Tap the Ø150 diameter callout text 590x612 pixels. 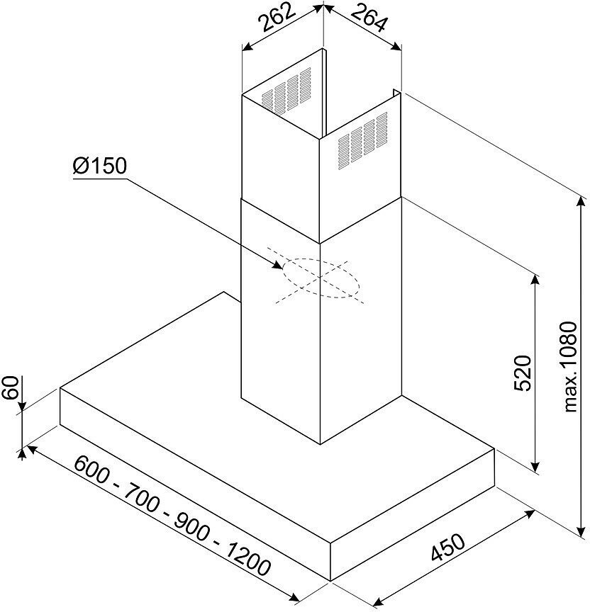pos(99,167)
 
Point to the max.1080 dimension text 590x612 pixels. pos(572,364)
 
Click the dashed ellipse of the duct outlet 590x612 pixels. pos(321,277)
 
